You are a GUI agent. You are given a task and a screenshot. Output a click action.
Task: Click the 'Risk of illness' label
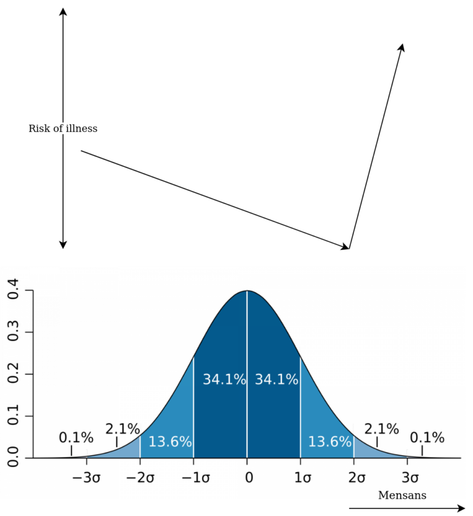[x=63, y=129]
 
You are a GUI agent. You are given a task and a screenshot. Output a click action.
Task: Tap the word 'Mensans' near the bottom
[x=402, y=495]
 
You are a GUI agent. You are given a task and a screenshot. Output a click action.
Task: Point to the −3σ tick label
[x=87, y=477]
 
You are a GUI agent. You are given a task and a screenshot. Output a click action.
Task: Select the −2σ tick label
[x=140, y=477]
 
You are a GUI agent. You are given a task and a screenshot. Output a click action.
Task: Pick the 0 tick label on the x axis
[x=248, y=477]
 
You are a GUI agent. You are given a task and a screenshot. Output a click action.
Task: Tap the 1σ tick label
[x=301, y=477]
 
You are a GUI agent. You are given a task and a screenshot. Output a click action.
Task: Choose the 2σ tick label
[x=354, y=477]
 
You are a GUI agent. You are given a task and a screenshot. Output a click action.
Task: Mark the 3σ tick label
[x=407, y=477]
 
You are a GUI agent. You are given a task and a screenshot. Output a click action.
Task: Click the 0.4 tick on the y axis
[x=13, y=291]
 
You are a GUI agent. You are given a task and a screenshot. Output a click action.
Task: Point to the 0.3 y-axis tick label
[x=13, y=333]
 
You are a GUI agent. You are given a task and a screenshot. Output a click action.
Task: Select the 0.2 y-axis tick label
[x=13, y=374]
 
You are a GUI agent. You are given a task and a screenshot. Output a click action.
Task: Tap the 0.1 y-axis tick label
[x=13, y=416]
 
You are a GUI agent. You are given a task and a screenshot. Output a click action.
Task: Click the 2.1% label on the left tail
[x=123, y=429]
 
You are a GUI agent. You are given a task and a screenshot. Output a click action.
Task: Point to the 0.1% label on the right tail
[x=427, y=438]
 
